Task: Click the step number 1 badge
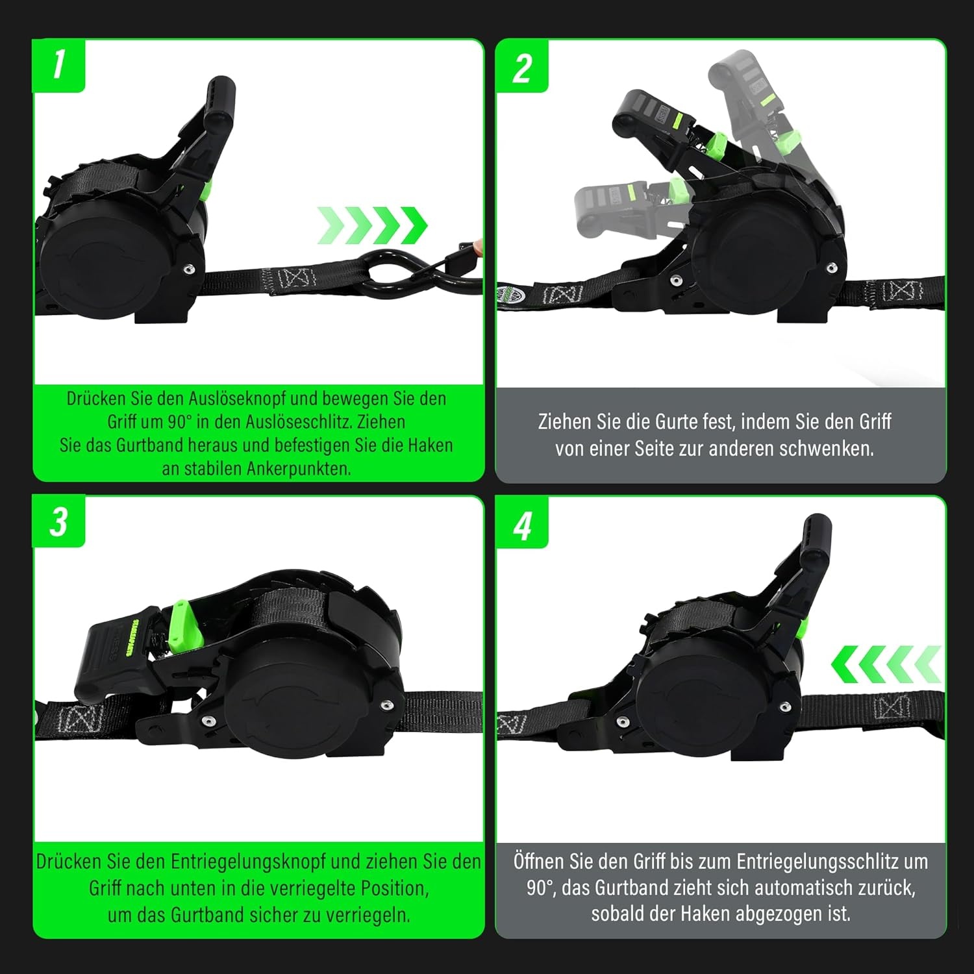click(x=58, y=66)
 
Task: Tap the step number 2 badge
click(x=522, y=66)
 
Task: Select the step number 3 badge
click(x=58, y=521)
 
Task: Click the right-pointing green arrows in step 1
click(x=373, y=226)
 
